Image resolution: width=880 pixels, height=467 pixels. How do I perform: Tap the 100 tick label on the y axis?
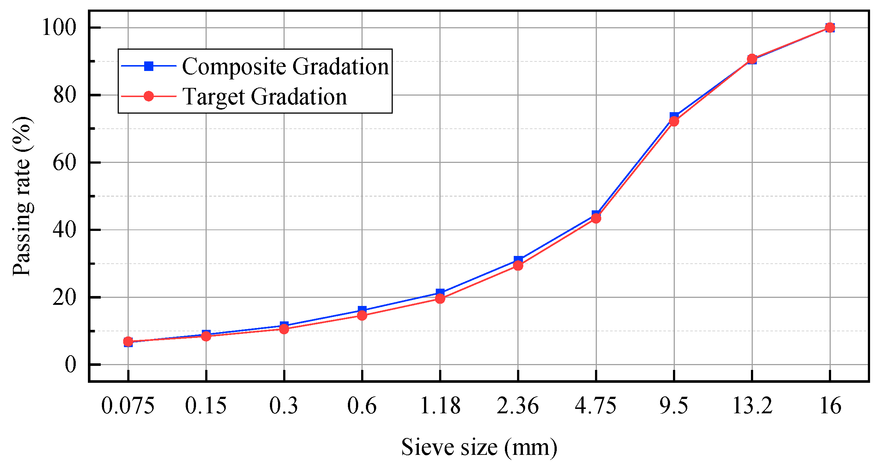pos(59,28)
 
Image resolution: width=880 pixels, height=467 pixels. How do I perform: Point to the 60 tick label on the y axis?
pos(64,163)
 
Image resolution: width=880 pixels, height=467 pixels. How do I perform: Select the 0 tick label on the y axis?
pos(70,365)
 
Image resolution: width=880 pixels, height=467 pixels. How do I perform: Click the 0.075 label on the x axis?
pos(128,406)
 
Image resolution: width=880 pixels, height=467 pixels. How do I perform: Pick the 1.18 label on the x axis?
pos(440,406)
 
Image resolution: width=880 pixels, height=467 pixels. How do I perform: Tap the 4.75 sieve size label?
pos(596,406)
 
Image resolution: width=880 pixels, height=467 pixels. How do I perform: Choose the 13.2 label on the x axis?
pos(752,406)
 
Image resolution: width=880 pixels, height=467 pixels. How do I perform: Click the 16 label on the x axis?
pos(830,406)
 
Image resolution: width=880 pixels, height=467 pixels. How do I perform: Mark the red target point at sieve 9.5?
pos(674,121)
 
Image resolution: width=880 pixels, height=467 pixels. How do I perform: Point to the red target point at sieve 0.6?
pos(362,315)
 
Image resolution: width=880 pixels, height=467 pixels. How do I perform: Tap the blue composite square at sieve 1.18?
pos(440,292)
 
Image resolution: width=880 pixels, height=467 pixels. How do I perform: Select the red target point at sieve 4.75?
pos(596,218)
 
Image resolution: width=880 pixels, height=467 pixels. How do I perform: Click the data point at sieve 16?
pos(830,28)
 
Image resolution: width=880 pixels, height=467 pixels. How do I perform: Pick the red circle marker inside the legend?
pos(149,96)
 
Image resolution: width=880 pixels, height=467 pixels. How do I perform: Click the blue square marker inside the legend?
pos(149,66)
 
